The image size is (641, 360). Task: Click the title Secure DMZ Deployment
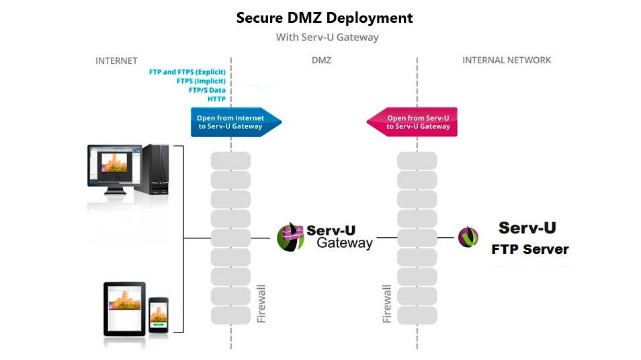point(325,18)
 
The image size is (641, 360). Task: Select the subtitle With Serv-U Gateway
point(327,37)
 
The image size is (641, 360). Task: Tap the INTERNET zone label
point(116,61)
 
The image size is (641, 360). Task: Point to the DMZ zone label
point(321,60)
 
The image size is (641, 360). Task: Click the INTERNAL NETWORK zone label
point(507,60)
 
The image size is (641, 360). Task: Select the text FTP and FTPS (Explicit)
point(187,72)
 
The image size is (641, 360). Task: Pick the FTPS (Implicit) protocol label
point(201,81)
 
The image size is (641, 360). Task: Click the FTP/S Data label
point(207,90)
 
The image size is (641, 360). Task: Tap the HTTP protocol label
point(216,99)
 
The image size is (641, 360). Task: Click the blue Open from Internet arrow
point(236,122)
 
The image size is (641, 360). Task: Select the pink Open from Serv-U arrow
point(412,122)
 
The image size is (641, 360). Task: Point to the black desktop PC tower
point(156,169)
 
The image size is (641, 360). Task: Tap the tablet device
point(124,309)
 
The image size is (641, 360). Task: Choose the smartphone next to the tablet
point(158,314)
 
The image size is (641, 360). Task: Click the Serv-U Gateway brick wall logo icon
point(290,237)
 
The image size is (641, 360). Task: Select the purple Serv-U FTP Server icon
point(468,237)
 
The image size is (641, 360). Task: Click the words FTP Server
point(530,249)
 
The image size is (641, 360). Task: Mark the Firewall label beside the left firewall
point(261,304)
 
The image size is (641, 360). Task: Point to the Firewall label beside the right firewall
point(387,304)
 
